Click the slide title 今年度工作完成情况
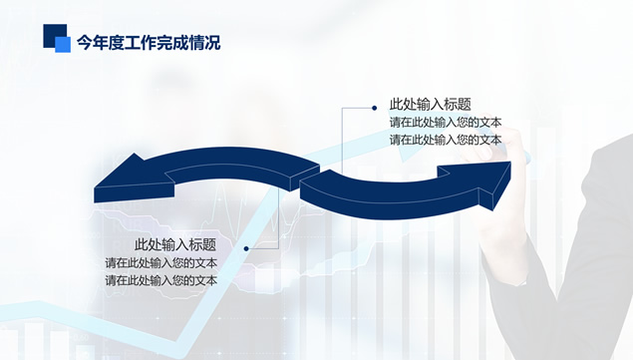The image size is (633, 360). click(x=149, y=43)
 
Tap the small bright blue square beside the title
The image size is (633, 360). click(x=63, y=45)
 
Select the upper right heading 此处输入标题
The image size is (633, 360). click(x=430, y=105)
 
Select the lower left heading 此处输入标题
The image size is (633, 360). click(x=175, y=245)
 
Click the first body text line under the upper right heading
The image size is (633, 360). click(x=445, y=123)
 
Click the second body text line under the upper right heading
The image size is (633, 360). click(x=445, y=140)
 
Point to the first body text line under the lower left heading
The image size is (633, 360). click(x=161, y=263)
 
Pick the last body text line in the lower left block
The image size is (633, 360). click(x=161, y=280)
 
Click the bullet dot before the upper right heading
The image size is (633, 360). click(x=375, y=106)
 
